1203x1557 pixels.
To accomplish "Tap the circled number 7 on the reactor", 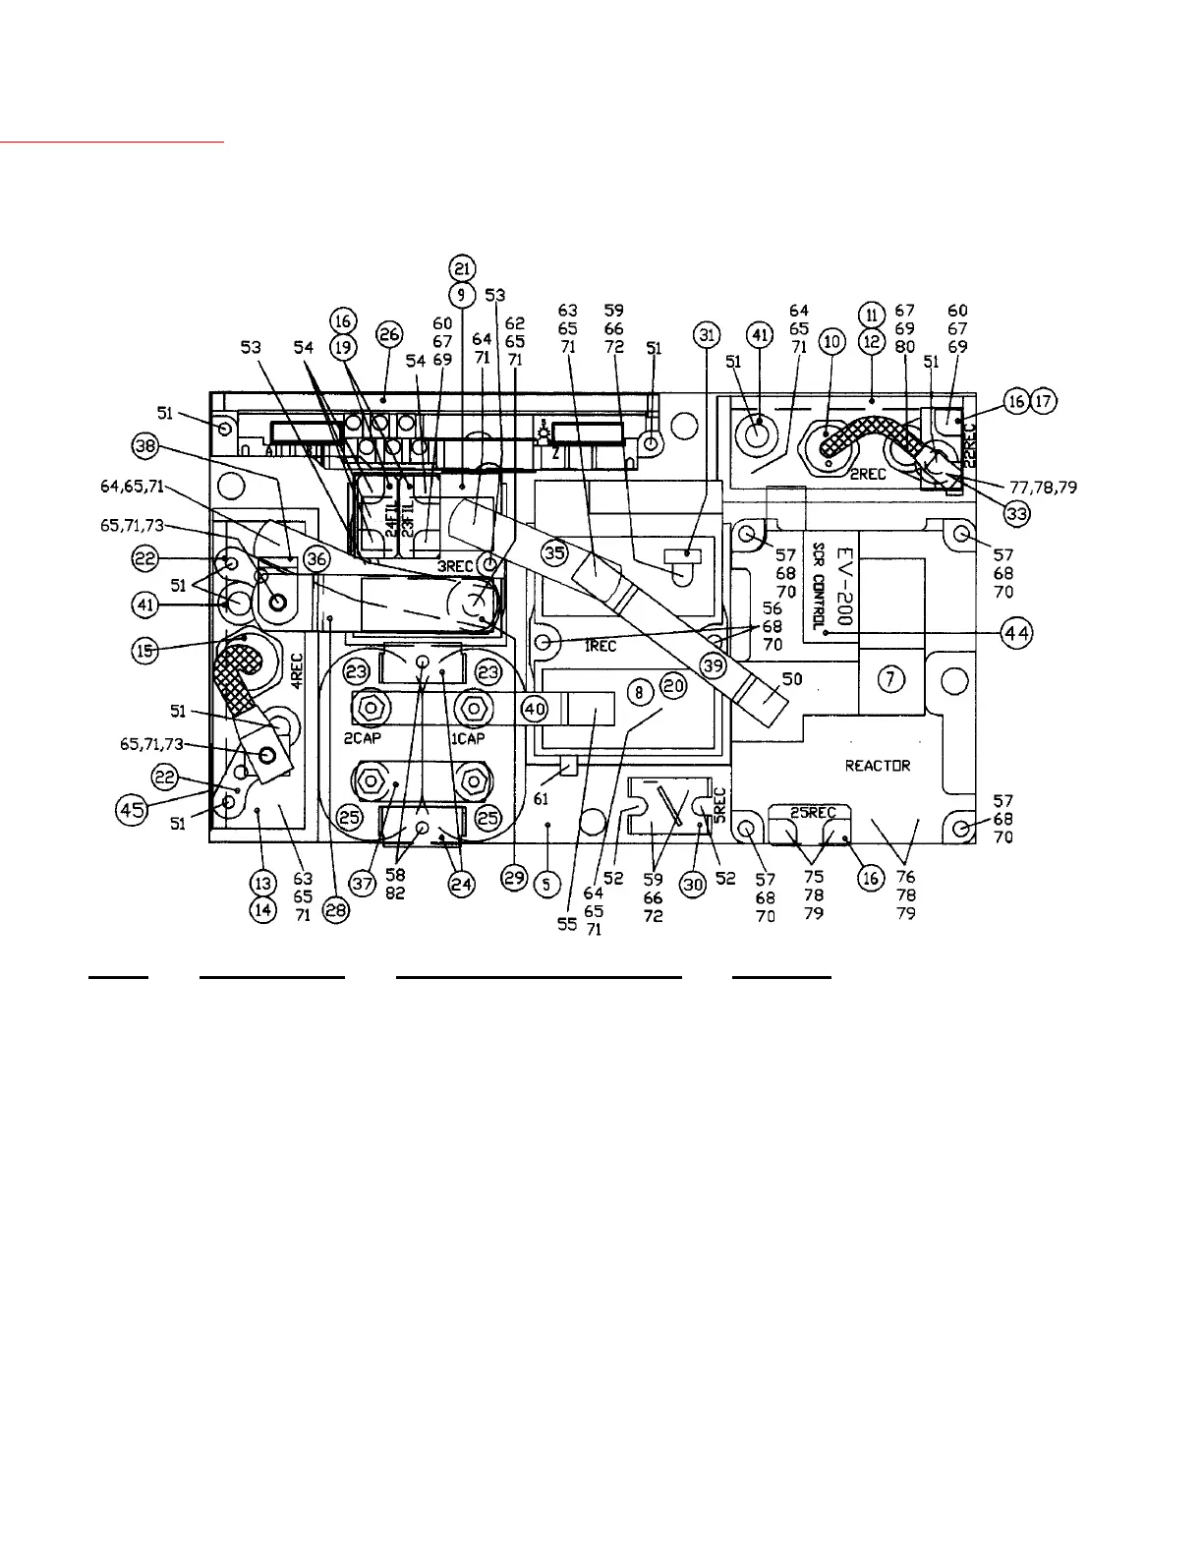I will pos(890,679).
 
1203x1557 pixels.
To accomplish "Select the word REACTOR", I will pos(878,766).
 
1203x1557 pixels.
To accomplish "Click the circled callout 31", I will pos(706,334).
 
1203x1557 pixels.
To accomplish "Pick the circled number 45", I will pos(129,810).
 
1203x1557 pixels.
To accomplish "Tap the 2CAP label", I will pos(362,738).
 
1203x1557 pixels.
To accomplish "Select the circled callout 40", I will pos(534,707).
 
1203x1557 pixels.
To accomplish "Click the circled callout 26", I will pos(389,334).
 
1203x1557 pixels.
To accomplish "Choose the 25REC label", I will pos(813,813).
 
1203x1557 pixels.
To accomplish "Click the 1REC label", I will pos(601,646).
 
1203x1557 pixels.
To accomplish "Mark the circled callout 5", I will pos(546,884).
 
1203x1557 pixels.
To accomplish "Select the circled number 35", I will pos(555,552).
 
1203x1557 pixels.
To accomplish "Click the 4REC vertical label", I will pos(296,670).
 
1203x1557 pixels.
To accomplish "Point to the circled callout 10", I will pos(832,341).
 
